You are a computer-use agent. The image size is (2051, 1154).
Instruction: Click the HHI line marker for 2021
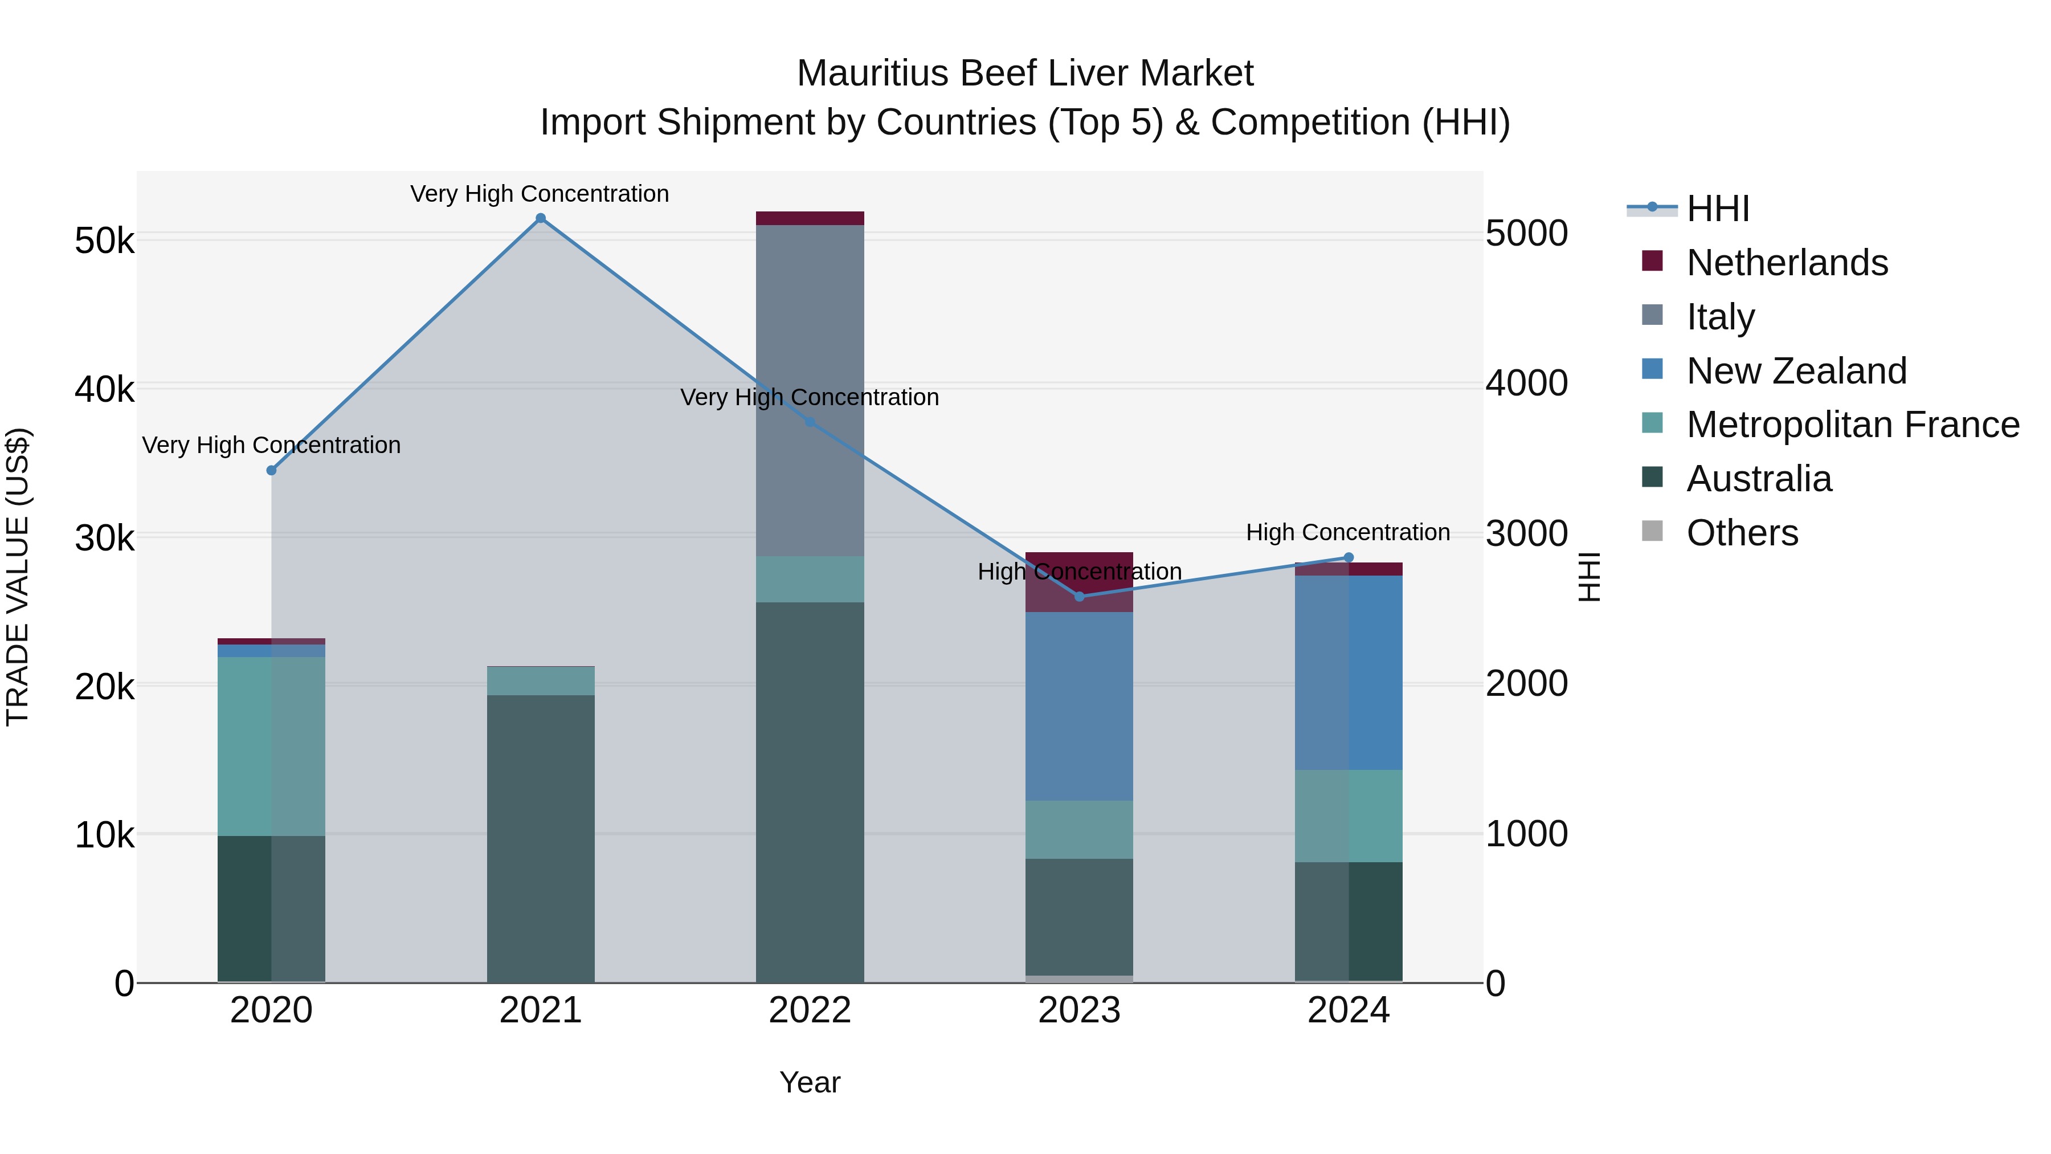[x=541, y=218]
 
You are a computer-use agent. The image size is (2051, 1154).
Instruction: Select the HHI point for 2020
[x=272, y=471]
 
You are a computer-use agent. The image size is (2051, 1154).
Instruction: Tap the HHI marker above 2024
[x=1348, y=557]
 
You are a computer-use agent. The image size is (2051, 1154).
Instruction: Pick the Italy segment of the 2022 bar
[x=810, y=390]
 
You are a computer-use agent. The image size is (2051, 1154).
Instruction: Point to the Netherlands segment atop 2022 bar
[x=810, y=218]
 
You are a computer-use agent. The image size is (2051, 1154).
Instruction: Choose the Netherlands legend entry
[x=1786, y=263]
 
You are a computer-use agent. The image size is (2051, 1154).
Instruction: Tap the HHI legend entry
[x=1717, y=209]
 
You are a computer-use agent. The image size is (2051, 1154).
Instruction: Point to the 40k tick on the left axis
[x=104, y=389]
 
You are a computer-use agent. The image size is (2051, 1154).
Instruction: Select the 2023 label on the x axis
[x=1079, y=1010]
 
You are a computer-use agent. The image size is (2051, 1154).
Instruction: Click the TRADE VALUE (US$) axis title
[x=18, y=577]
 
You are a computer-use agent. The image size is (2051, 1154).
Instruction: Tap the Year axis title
[x=810, y=1082]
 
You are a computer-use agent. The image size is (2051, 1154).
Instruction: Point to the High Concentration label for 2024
[x=1347, y=532]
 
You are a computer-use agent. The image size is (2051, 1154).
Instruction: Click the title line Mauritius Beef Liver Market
[x=1025, y=74]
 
